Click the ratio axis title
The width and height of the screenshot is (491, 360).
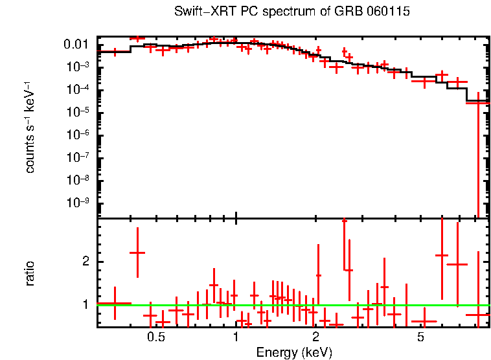[x=30, y=273]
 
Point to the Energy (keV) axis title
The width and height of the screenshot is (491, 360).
[x=293, y=352]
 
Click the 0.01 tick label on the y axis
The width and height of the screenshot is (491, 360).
[x=76, y=44]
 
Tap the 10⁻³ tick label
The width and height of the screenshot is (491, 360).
[x=78, y=67]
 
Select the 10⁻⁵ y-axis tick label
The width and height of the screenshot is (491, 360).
[x=78, y=112]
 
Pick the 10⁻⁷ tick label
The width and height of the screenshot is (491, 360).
[x=78, y=157]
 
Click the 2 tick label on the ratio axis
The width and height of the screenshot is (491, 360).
[x=84, y=262]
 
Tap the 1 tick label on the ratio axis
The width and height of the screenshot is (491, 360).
[x=84, y=304]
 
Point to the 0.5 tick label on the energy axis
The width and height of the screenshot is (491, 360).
[x=155, y=337]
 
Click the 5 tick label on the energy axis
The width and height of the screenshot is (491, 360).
[x=420, y=337]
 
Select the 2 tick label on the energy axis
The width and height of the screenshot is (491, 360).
[x=315, y=337]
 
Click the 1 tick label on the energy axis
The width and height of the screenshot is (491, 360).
[x=236, y=337]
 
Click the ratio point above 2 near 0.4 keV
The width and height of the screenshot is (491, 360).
[x=137, y=253]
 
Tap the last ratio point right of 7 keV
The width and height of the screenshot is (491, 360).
[x=478, y=315]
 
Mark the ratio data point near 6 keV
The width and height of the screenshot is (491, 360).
[x=442, y=255]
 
